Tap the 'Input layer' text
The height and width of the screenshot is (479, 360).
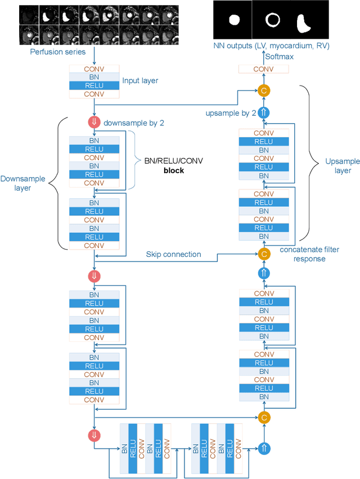[x=140, y=81]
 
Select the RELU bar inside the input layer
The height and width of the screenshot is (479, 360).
[x=94, y=85]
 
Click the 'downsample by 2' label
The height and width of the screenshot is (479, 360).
[x=134, y=123]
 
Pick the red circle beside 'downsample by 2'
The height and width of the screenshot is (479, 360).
[x=94, y=123]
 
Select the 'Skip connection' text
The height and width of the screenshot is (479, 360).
[x=173, y=254]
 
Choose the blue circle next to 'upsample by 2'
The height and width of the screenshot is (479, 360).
[x=264, y=113]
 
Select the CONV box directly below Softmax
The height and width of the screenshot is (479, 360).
[x=264, y=69]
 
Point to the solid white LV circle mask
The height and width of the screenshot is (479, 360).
[x=234, y=20]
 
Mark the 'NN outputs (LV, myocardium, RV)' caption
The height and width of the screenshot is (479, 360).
[x=271, y=45]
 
